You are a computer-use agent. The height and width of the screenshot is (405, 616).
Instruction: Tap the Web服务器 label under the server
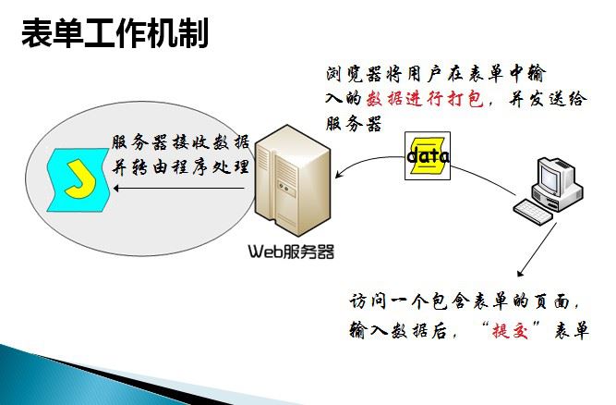click(x=291, y=250)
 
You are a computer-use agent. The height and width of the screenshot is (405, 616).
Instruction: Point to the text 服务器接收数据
click(x=180, y=143)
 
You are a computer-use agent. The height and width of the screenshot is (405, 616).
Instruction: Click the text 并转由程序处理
click(x=180, y=167)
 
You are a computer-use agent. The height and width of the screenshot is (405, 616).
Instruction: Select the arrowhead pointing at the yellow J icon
click(x=118, y=189)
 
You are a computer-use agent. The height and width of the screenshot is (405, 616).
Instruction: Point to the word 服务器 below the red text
click(x=354, y=124)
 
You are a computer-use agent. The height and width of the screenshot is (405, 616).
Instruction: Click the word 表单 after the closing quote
click(x=572, y=331)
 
